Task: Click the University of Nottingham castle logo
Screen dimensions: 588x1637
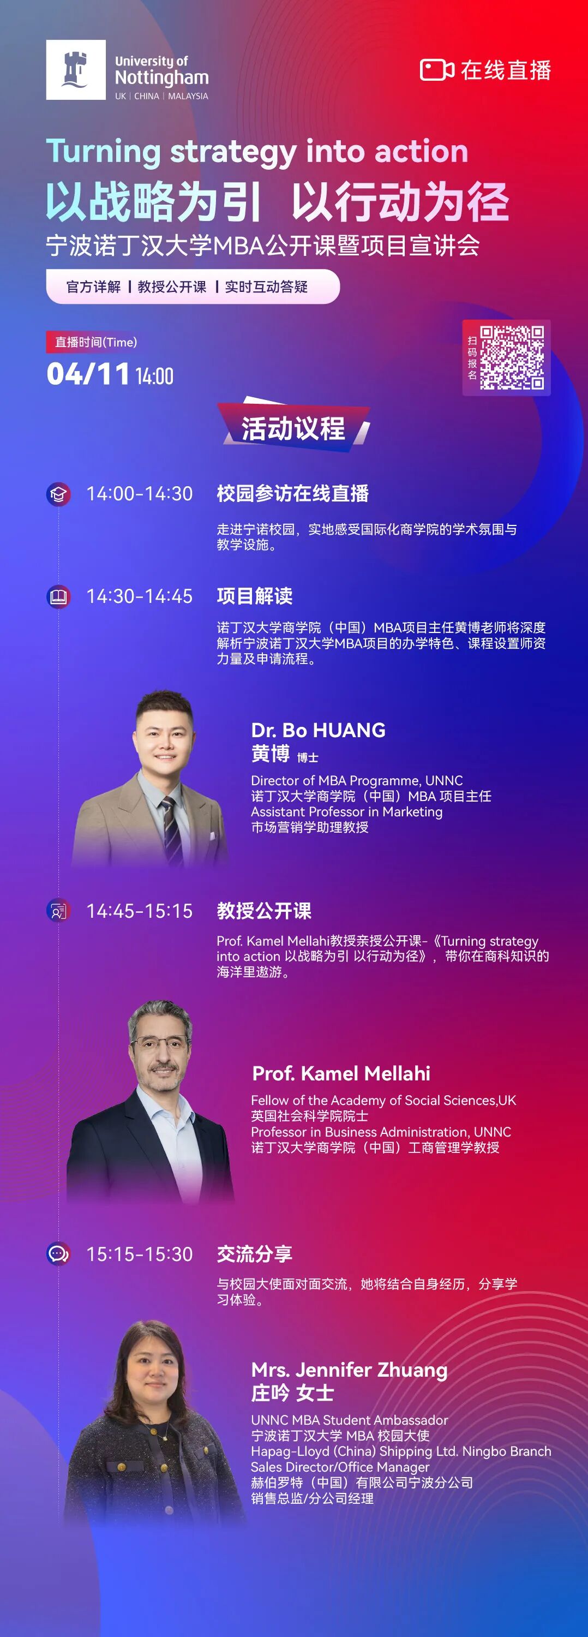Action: [x=76, y=70]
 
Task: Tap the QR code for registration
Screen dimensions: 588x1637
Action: [x=511, y=357]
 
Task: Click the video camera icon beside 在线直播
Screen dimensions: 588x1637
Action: [x=437, y=70]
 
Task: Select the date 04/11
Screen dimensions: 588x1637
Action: [x=88, y=374]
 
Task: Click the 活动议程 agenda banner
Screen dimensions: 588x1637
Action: [x=293, y=428]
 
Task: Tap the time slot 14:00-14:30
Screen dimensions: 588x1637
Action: [x=140, y=494]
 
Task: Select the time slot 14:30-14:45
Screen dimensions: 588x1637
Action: [x=140, y=596]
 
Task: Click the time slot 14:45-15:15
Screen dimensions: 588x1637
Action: [x=140, y=911]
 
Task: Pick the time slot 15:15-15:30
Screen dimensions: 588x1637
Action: [x=140, y=1254]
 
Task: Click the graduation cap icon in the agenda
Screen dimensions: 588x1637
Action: [x=58, y=494]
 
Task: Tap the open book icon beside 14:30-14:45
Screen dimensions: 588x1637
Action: [x=58, y=597]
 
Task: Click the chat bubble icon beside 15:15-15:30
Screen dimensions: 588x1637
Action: [x=58, y=1254]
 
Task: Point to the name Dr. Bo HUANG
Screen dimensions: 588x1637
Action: [x=318, y=730]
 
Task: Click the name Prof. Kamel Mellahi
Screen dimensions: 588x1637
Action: [x=341, y=1073]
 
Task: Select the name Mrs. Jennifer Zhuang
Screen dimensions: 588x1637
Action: [x=349, y=1370]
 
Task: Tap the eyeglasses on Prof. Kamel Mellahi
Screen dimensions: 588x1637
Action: [x=160, y=1043]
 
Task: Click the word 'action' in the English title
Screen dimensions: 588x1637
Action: [x=421, y=151]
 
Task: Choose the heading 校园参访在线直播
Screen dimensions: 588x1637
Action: [x=293, y=494]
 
